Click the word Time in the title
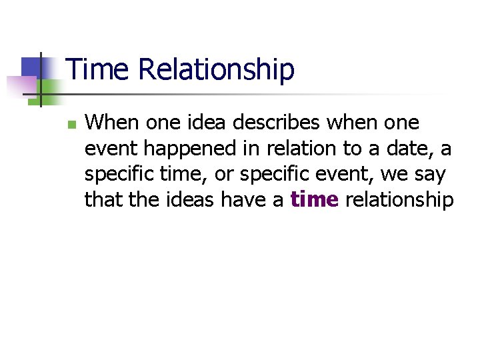pyautogui.click(x=96, y=70)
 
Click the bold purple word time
pyautogui.click(x=315, y=199)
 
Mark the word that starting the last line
pyautogui.click(x=103, y=199)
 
